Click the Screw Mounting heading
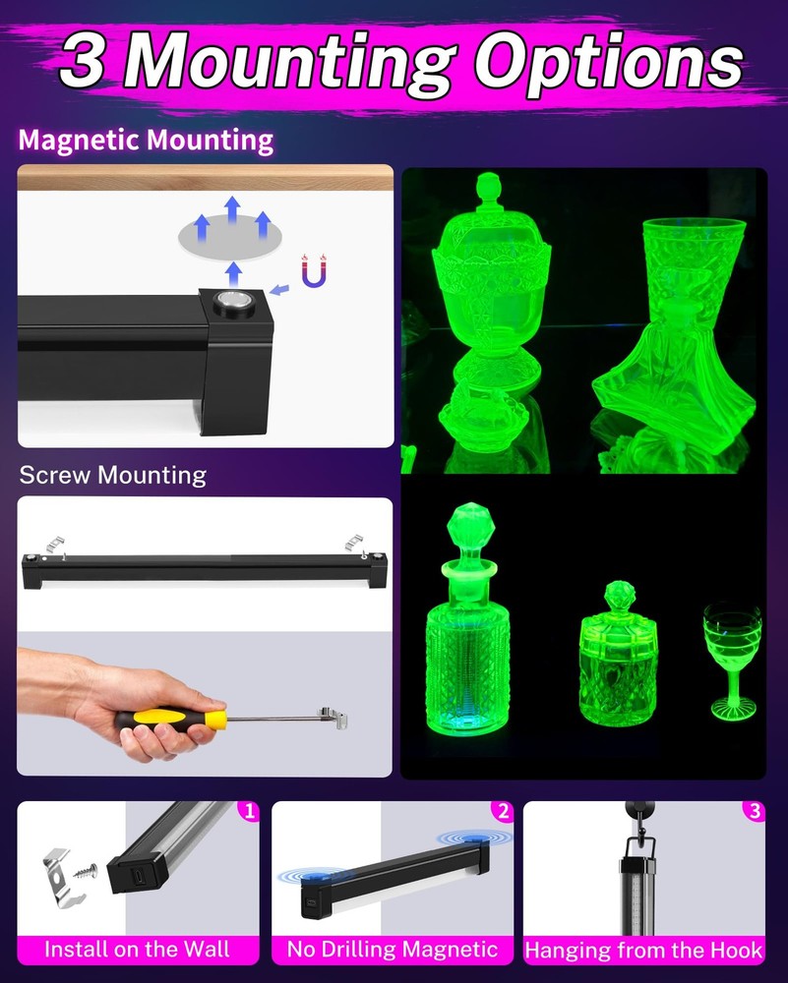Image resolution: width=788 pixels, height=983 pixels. (113, 476)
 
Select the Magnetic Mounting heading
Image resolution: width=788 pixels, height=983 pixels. (146, 141)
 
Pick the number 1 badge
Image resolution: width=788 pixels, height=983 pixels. (249, 811)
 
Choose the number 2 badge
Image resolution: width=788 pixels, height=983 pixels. (504, 811)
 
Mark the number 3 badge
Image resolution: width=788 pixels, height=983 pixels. (755, 811)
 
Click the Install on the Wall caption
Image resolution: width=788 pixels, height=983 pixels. (138, 950)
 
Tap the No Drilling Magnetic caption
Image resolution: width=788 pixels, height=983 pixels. (392, 950)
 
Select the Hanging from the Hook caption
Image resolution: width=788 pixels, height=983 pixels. (644, 951)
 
